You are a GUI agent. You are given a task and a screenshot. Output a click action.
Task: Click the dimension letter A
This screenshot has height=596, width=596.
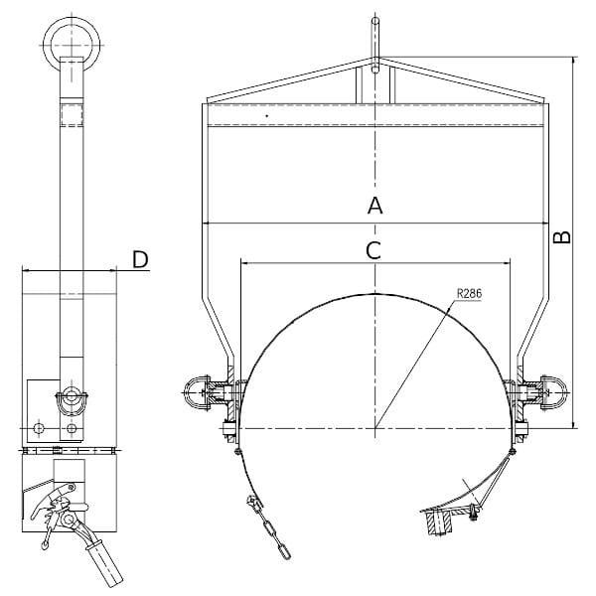tap(374, 206)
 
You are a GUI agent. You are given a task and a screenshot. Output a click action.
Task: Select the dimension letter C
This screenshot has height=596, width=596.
tap(373, 251)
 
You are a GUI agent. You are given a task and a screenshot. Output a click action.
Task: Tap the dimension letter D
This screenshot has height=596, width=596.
tap(140, 259)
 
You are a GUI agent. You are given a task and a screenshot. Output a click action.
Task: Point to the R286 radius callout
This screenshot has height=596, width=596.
tap(469, 293)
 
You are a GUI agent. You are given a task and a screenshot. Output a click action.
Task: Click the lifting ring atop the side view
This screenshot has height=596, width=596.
tap(72, 44)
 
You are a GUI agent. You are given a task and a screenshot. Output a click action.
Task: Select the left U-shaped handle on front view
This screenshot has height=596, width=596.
tap(197, 392)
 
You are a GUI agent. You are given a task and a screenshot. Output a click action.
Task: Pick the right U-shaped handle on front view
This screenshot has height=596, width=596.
tap(554, 392)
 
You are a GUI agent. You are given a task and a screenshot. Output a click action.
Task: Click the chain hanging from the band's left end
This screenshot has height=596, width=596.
tap(270, 527)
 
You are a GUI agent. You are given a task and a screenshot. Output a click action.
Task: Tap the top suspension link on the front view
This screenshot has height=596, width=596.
tap(375, 45)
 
